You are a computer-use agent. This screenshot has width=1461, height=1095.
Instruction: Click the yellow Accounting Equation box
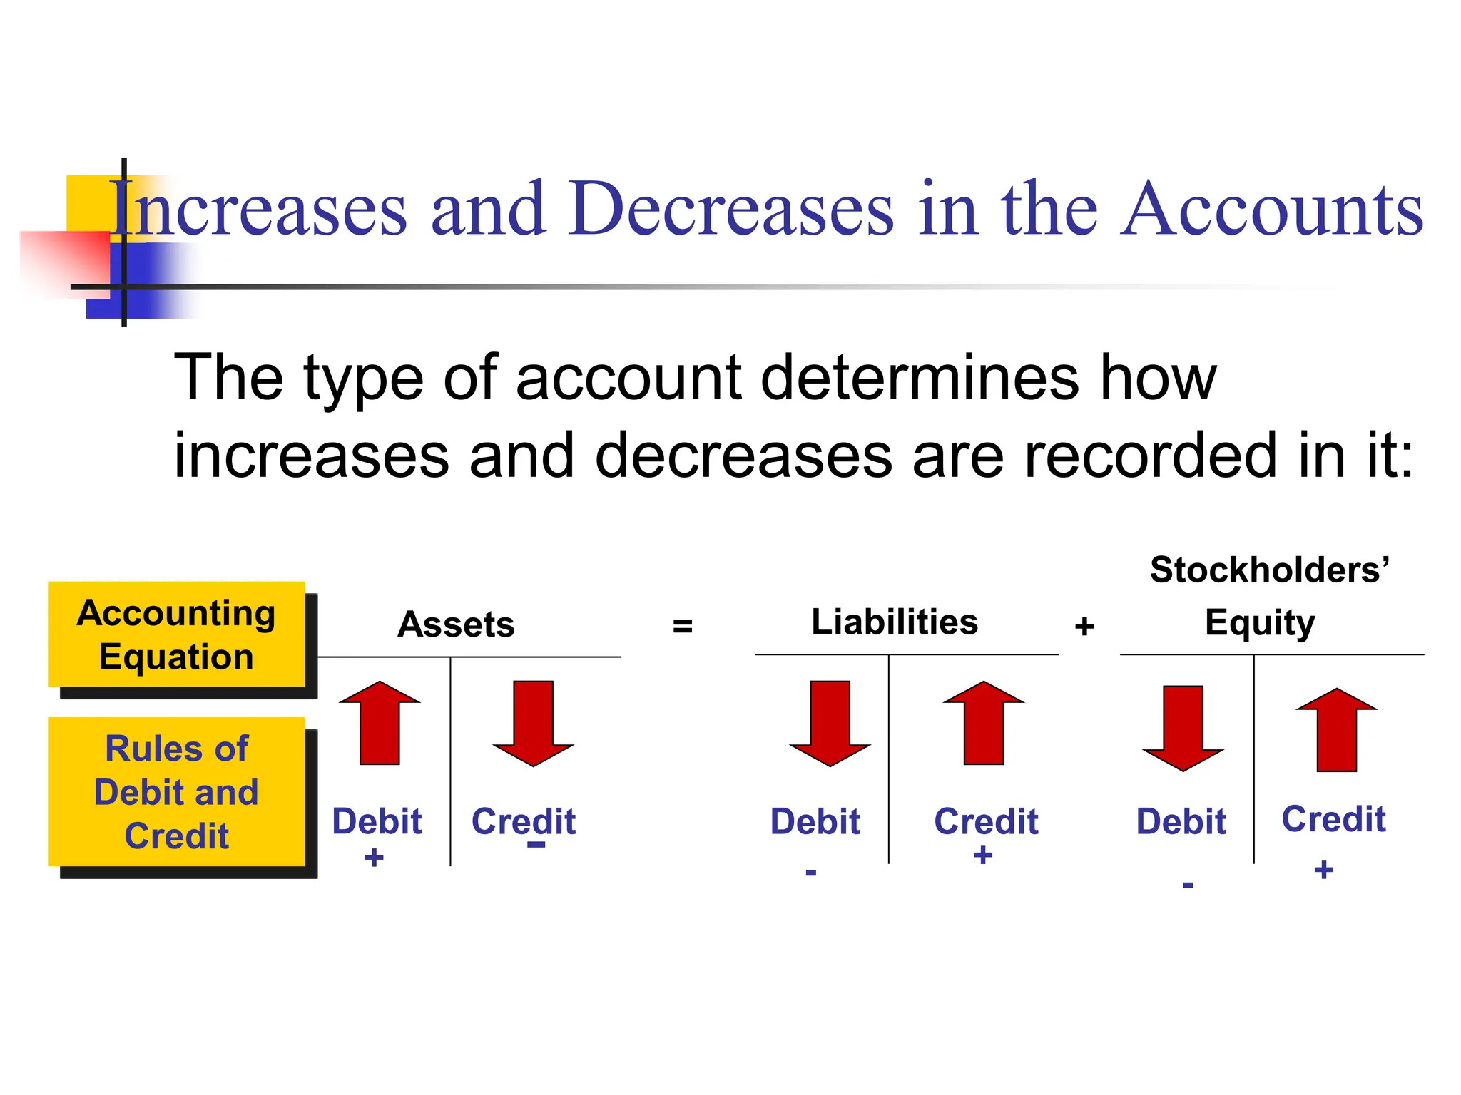pos(176,634)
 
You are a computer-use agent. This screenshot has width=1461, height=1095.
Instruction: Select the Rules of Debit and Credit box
pos(176,792)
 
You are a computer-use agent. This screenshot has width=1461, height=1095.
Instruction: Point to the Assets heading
pos(456,624)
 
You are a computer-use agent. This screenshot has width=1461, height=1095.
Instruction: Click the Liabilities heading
pos(895,622)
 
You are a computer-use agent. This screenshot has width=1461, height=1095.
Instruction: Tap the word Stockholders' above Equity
pos(1270,570)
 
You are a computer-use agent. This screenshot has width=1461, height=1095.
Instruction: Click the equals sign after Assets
pos(683,627)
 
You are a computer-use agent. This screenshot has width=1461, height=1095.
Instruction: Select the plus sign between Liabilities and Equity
pos(1084,627)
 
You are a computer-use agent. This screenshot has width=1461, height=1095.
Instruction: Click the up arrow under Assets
pos(380,723)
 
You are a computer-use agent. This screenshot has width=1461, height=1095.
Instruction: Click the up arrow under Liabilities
pos(983,723)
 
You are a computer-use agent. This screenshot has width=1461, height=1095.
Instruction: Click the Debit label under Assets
pos(377,821)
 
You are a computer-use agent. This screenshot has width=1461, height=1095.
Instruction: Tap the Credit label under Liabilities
pos(986,821)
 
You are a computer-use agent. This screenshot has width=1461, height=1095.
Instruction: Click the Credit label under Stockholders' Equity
pos(1333,819)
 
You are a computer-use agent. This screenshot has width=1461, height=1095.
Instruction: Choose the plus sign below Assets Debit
pos(374,858)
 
